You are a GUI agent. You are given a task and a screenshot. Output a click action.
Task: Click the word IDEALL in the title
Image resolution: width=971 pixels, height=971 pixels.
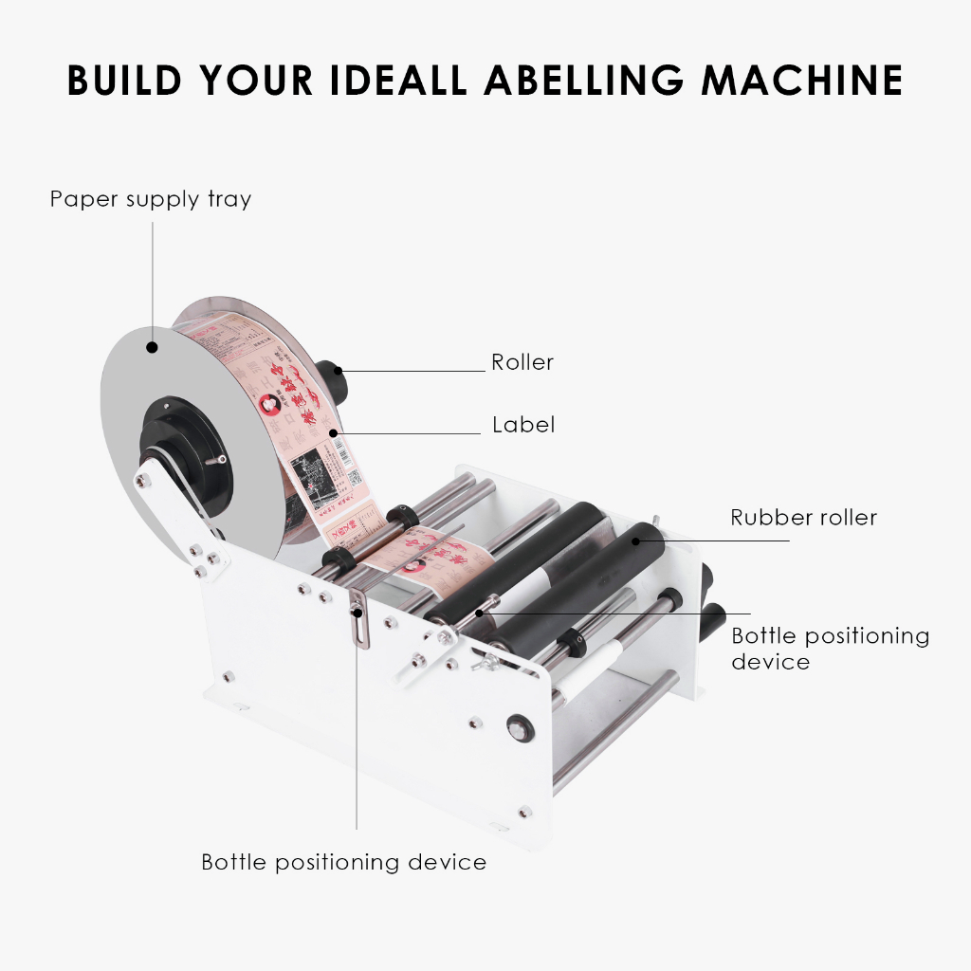pos(398,81)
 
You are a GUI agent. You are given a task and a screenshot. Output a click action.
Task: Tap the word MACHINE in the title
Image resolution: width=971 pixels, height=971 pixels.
pos(802,81)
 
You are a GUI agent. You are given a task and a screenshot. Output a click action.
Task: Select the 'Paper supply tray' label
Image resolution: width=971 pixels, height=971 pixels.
pos(150,199)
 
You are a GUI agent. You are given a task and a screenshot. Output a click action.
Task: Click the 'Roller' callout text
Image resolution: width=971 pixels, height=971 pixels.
pos(522,362)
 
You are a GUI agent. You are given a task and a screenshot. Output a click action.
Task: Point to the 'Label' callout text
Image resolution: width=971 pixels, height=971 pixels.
pos(522,424)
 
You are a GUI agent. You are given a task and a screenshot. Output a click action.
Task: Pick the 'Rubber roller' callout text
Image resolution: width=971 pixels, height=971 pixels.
pos(803,518)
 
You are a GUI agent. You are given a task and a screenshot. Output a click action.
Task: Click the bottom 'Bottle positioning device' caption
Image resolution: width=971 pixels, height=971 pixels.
pos(343,862)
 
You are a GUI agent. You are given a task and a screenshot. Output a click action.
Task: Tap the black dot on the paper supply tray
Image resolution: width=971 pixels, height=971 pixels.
pos(152,347)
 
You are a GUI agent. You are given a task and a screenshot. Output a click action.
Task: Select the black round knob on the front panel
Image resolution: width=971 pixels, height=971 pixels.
pos(518,728)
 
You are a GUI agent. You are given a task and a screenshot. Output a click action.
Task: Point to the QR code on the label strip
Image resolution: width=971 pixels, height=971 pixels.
pos(353,477)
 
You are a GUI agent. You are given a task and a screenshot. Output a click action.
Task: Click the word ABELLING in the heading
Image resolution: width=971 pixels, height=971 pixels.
pos(584,81)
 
